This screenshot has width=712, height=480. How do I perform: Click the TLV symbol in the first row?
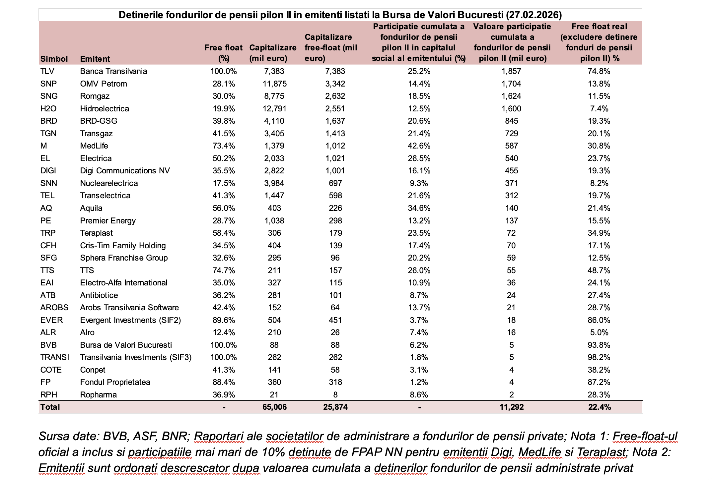(47, 71)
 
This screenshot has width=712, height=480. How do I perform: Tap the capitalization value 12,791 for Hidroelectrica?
(274, 109)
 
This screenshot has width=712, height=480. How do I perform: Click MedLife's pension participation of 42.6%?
(419, 146)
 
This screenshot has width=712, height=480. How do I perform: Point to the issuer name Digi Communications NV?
(125, 171)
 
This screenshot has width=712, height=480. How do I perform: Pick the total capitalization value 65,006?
(274, 407)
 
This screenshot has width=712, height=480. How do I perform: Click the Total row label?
(50, 407)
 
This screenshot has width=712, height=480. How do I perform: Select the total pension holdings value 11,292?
(512, 407)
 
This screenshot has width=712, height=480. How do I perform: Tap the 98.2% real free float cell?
(599, 357)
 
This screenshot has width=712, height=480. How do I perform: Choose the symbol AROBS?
(54, 308)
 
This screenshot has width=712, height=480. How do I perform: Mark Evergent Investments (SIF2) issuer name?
(130, 320)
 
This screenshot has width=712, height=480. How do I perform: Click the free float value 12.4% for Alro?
(224, 332)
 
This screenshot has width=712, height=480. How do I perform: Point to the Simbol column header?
(54, 59)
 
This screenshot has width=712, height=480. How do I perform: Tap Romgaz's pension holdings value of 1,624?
(511, 96)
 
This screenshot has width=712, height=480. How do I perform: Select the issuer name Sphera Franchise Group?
(124, 258)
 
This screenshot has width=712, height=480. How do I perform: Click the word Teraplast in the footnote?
(601, 452)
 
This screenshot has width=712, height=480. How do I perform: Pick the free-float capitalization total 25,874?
(335, 407)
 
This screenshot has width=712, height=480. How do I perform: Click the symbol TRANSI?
(55, 357)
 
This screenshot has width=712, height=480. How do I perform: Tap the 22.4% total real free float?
(599, 407)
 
